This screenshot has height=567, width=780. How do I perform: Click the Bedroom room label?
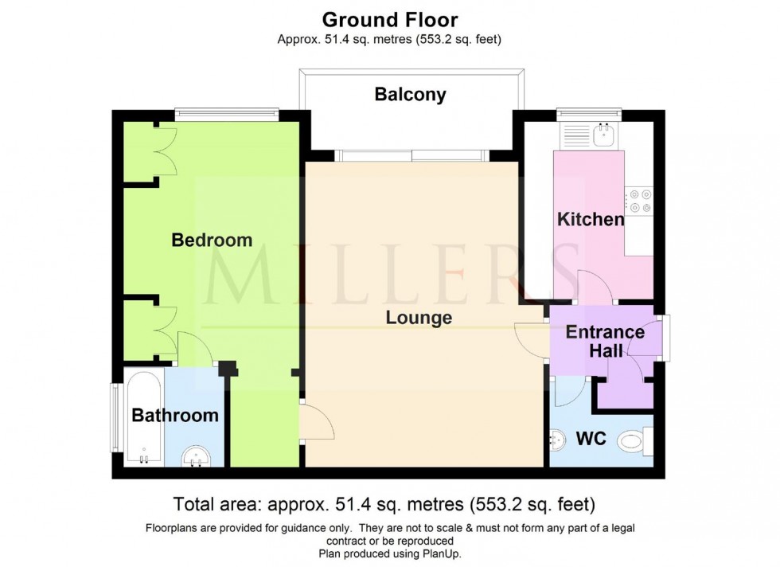pos(212,240)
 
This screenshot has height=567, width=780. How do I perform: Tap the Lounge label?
pos(419,318)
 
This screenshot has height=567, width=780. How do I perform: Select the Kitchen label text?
pos(590,219)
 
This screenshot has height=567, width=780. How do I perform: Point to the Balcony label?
pos(411,95)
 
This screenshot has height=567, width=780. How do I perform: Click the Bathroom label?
pos(175,415)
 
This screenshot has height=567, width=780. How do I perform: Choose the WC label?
pos(591,438)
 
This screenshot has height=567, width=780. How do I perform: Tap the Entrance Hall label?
pos(605,340)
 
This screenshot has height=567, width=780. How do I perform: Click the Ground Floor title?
pos(389,19)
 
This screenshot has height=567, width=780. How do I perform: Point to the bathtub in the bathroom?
pos(143,418)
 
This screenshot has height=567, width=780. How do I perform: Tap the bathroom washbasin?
pos(196,457)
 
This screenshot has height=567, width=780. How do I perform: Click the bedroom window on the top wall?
pos(227,114)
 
